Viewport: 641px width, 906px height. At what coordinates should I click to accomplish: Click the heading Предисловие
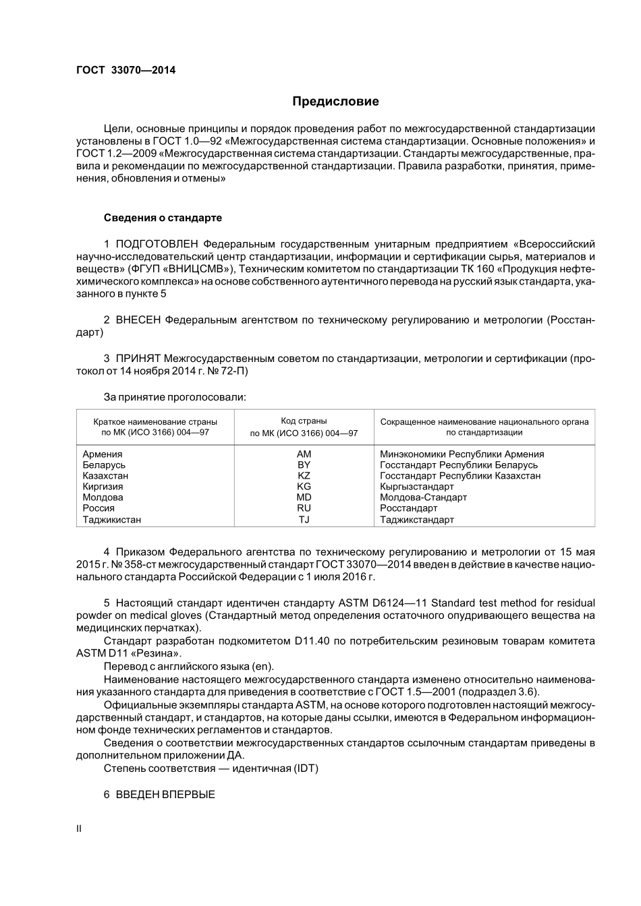(335, 102)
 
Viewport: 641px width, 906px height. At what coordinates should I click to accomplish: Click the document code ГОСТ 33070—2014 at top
(126, 69)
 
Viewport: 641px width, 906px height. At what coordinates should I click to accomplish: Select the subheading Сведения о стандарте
(163, 218)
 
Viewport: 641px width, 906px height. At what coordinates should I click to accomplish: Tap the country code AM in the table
(304, 454)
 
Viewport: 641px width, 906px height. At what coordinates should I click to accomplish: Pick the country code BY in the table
(304, 465)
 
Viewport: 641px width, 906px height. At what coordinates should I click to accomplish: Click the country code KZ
(304, 476)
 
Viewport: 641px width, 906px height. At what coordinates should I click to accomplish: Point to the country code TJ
(304, 520)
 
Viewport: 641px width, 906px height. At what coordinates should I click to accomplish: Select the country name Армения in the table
(103, 454)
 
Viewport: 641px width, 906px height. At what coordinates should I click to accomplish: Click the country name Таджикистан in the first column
(112, 520)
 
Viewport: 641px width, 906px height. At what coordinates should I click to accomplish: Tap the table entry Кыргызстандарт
(417, 487)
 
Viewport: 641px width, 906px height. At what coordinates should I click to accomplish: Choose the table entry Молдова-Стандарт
(423, 497)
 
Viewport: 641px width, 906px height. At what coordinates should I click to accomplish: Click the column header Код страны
(304, 421)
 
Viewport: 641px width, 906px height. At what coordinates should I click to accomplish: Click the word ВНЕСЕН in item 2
(138, 320)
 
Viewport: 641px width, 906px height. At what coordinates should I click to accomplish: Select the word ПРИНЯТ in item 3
(138, 359)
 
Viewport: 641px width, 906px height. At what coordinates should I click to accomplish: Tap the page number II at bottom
(79, 828)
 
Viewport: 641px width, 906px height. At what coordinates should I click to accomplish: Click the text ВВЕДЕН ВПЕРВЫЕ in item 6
(165, 795)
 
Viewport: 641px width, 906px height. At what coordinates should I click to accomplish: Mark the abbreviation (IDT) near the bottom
(306, 768)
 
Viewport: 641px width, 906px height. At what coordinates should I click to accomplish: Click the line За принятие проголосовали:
(175, 397)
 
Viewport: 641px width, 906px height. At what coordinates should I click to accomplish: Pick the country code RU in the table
(304, 508)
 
